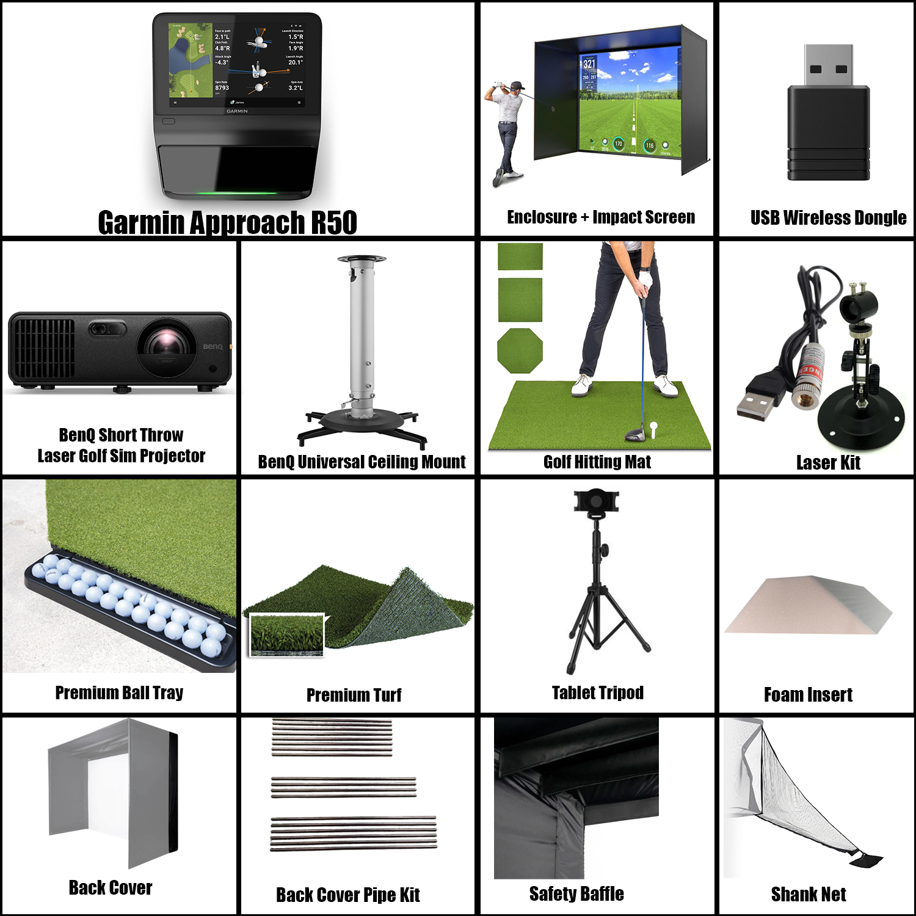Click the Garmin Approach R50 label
tap(227, 222)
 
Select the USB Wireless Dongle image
tap(828, 113)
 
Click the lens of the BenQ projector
tap(164, 342)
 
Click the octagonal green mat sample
tap(520, 351)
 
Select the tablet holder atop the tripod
tap(596, 500)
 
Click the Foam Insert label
tap(808, 695)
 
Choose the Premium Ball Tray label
tap(119, 692)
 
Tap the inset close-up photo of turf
tap(287, 635)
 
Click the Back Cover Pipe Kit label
tap(348, 895)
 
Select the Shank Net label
tap(809, 895)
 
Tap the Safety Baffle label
tap(576, 894)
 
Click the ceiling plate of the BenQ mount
tap(362, 260)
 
